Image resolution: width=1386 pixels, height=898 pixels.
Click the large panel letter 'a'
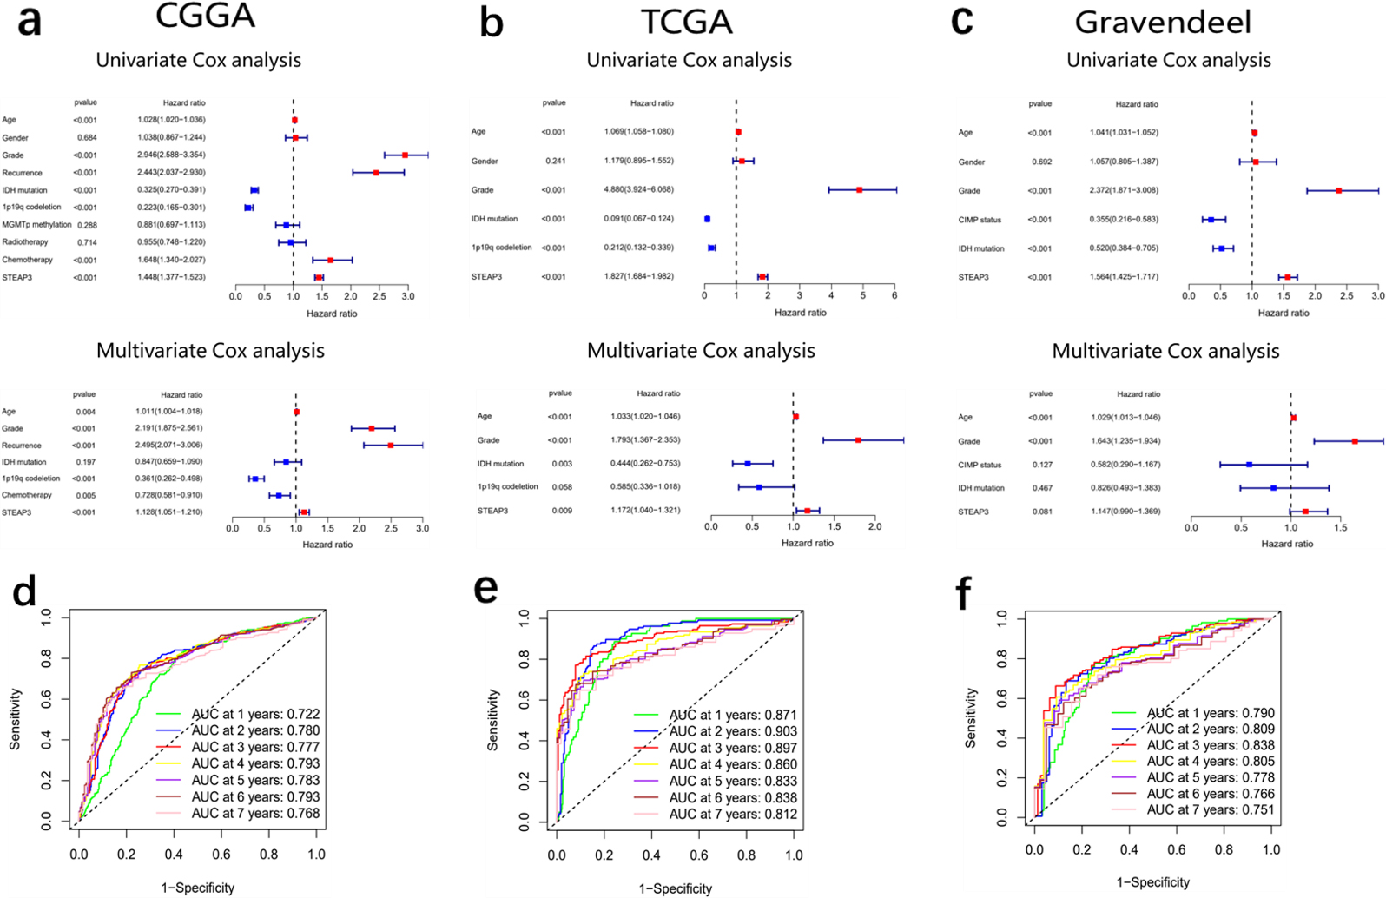coord(29,21)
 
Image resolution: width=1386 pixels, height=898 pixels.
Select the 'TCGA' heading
coord(686,22)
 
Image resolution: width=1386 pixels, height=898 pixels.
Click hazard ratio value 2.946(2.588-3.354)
coord(171,155)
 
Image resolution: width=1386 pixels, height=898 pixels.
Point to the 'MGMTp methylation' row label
coord(36,225)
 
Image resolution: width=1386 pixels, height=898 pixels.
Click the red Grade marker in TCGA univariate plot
coord(860,190)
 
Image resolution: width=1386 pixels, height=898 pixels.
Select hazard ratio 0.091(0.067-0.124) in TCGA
coord(639,219)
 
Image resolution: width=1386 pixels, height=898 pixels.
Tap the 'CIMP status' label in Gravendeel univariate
coord(980,220)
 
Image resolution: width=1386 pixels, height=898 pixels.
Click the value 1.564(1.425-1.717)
coord(1125,277)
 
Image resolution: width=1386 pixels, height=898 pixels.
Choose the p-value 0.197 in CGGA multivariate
coord(85,462)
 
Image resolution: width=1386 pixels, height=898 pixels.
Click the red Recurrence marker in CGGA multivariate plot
coord(391,445)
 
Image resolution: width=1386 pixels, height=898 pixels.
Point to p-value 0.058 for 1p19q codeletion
coord(562,487)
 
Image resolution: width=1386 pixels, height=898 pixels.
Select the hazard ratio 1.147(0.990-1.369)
coord(1126,512)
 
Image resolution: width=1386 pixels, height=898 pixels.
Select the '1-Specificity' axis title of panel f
coord(1152,882)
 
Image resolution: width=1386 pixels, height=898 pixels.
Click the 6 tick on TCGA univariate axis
coord(894,296)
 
